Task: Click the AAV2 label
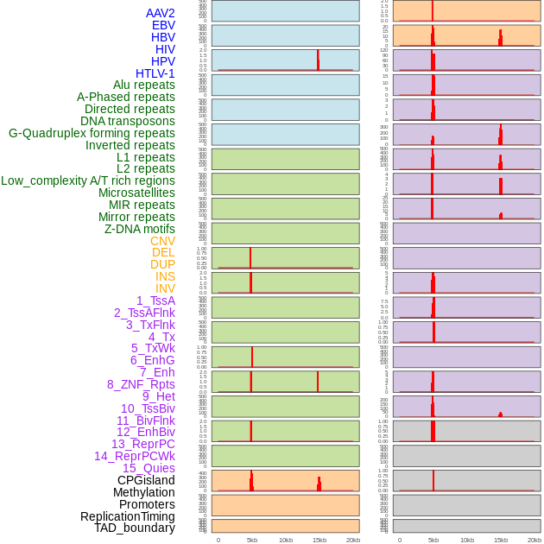tap(160, 13)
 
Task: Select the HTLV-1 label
tap(155, 73)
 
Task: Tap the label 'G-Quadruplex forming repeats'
tap(92, 133)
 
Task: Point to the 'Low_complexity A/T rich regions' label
tap(88, 180)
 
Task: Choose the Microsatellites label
tap(136, 193)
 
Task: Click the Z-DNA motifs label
tap(140, 229)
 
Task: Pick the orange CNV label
tap(162, 241)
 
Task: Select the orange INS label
tap(165, 276)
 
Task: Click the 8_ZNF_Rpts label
tap(141, 384)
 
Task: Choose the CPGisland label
tap(146, 480)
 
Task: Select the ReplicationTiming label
tap(127, 516)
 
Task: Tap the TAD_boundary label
tap(135, 528)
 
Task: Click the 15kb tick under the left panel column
tap(319, 540)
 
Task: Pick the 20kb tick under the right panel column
tap(535, 540)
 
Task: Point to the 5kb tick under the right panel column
tap(433, 540)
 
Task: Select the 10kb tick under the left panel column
tap(286, 540)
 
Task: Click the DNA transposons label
tap(128, 121)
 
